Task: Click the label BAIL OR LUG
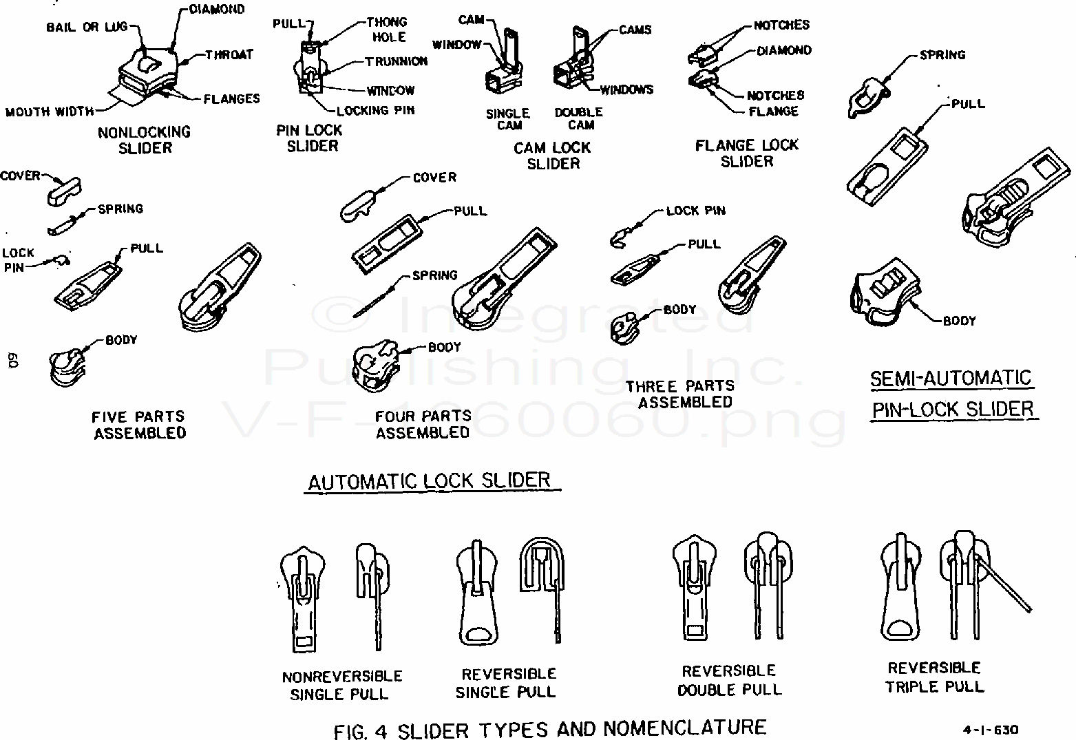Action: pyautogui.click(x=87, y=27)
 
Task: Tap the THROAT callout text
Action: pyautogui.click(x=229, y=54)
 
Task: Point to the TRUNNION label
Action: pyautogui.click(x=396, y=61)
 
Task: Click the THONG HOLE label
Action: pyautogui.click(x=387, y=30)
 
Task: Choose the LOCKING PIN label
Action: pyautogui.click(x=375, y=110)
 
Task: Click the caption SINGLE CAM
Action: pyautogui.click(x=508, y=119)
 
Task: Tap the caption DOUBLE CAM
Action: pyautogui.click(x=579, y=118)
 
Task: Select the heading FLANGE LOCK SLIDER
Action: pyautogui.click(x=746, y=153)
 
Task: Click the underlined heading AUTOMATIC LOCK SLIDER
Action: pyautogui.click(x=430, y=480)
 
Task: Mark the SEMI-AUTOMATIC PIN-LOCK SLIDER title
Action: pyautogui.click(x=953, y=394)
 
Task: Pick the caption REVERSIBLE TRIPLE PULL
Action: pyautogui.click(x=934, y=677)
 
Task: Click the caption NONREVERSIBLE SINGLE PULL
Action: pyautogui.click(x=342, y=685)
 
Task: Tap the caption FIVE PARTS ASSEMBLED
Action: pyautogui.click(x=140, y=425)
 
